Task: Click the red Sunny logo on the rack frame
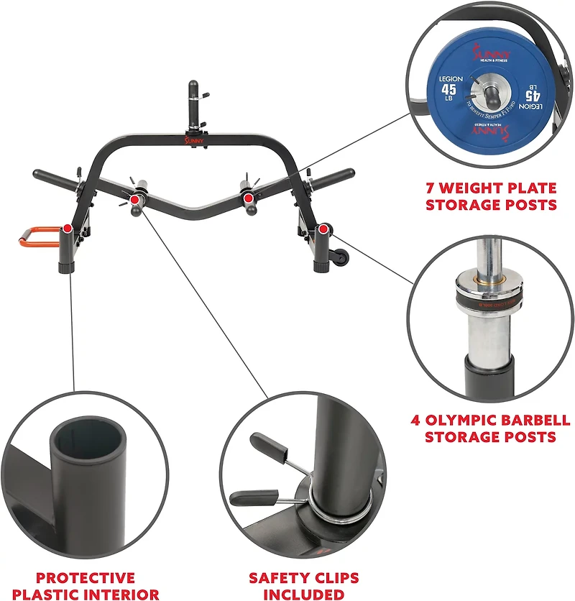[x=194, y=142]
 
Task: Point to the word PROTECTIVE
[x=86, y=578]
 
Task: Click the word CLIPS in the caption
[x=335, y=578]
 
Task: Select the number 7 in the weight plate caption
[x=430, y=188]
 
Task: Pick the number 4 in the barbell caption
[x=417, y=421]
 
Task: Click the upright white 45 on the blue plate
[x=448, y=89]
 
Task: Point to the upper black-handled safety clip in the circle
[x=263, y=442]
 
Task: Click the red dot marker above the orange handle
[x=67, y=229]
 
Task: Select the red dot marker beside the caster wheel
[x=324, y=229]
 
